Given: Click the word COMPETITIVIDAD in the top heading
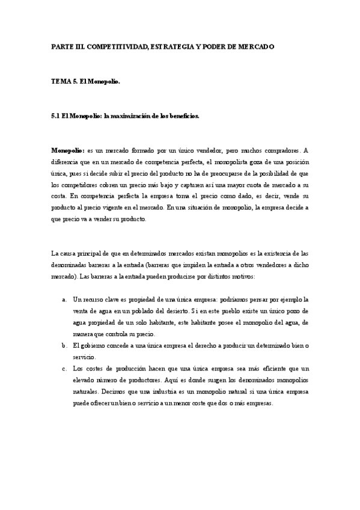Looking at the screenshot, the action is click(x=112, y=46).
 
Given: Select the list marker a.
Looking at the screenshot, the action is click(x=64, y=299).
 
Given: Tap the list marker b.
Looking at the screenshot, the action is click(x=64, y=345).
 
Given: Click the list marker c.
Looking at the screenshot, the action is click(x=64, y=368).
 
